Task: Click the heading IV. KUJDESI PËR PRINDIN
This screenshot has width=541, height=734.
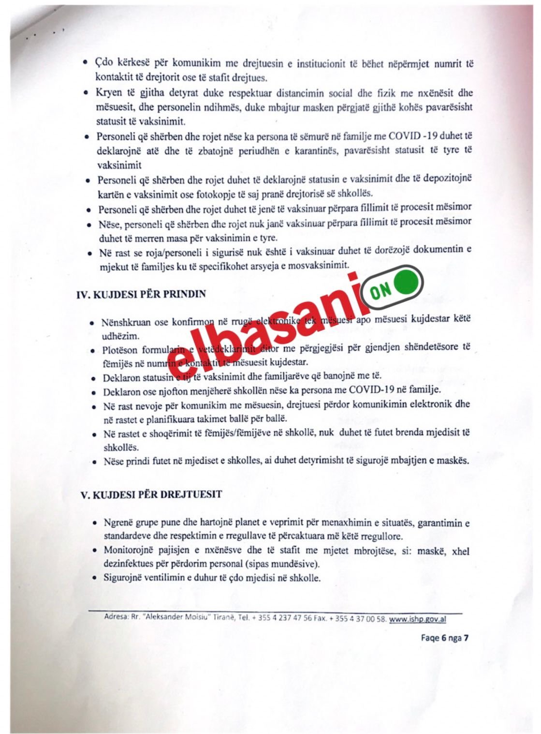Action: point(141,294)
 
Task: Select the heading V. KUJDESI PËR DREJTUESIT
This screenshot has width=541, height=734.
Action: point(150,495)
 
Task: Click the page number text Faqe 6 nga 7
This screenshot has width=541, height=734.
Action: point(444,638)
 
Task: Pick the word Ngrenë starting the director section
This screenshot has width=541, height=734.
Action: point(119,523)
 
